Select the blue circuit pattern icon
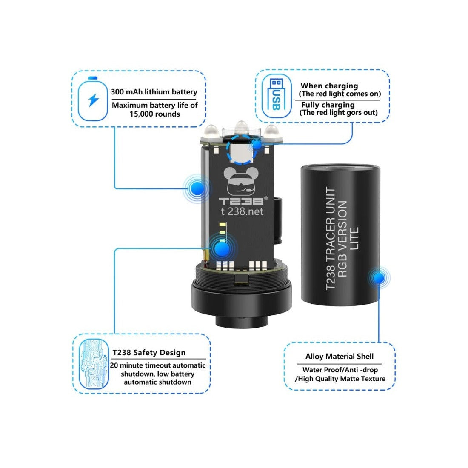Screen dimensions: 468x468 (x=94, y=364)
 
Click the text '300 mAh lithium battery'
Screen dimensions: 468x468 (x=154, y=91)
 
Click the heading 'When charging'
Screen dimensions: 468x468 (x=329, y=86)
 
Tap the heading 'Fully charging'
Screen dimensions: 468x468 (x=328, y=105)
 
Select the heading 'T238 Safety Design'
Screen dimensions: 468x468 (x=149, y=353)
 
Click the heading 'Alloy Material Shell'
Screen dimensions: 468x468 (x=340, y=356)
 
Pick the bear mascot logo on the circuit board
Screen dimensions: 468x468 (x=241, y=181)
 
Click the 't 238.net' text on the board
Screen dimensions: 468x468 (x=242, y=211)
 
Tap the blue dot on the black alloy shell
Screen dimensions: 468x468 (x=379, y=277)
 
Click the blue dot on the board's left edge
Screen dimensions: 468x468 (x=197, y=188)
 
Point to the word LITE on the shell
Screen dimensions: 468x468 (x=354, y=239)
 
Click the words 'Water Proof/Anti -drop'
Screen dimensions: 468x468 (x=340, y=370)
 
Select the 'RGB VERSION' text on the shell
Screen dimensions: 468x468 (x=342, y=239)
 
